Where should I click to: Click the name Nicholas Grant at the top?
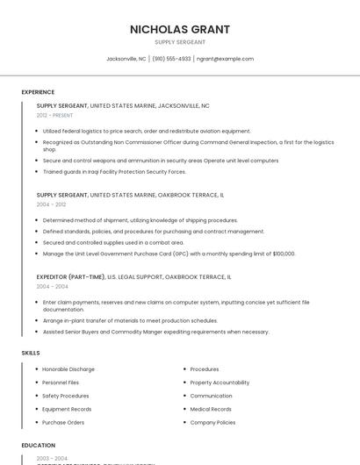point(179,29)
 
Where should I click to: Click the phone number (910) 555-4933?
point(171,59)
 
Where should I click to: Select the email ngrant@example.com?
point(225,59)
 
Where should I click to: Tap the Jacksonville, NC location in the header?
point(126,59)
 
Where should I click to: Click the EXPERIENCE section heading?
point(38,92)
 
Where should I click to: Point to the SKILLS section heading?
point(31,353)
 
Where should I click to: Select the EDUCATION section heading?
point(39,446)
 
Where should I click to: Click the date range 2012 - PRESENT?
point(54,115)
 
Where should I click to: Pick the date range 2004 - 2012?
point(51,204)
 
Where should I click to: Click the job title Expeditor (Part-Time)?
point(70,276)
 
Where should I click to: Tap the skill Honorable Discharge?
point(68,369)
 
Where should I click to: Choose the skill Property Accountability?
point(220,383)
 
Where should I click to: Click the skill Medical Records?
point(211,409)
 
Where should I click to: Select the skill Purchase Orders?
point(63,422)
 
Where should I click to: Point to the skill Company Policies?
point(212,422)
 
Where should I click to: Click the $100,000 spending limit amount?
point(284,254)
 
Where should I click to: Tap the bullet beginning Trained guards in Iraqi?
point(114,171)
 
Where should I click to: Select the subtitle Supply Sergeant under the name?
point(179,42)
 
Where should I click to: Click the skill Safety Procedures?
point(66,396)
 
